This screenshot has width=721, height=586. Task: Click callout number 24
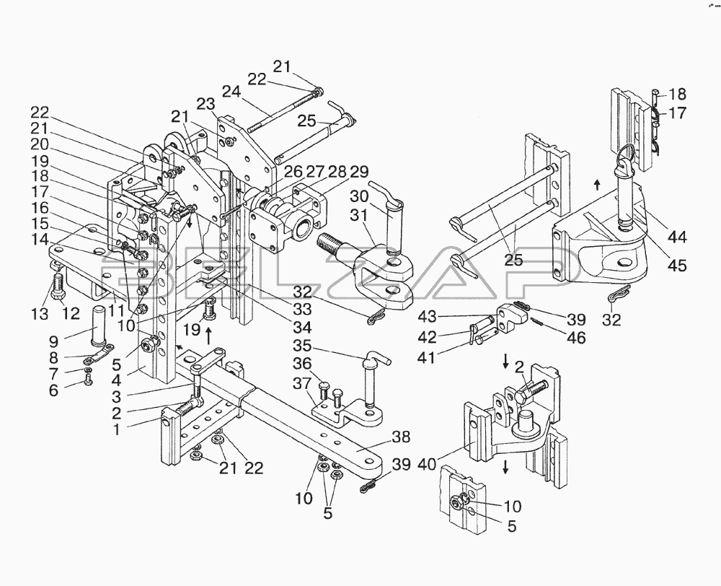tap(232, 92)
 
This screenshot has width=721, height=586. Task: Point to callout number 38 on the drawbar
tap(401, 437)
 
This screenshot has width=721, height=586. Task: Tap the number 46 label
tap(576, 338)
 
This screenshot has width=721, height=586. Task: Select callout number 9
tap(54, 341)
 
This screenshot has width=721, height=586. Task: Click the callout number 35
tap(302, 346)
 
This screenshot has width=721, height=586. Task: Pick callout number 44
tap(677, 237)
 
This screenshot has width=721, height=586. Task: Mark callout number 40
tap(426, 465)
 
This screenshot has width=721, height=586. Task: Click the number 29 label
tap(359, 172)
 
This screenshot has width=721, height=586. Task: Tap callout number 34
tap(302, 328)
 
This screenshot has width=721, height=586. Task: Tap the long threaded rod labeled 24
tap(283, 111)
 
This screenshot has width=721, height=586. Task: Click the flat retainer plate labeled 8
tap(98, 355)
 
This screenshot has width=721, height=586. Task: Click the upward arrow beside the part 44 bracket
tap(597, 185)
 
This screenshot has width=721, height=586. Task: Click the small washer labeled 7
tap(87, 369)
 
